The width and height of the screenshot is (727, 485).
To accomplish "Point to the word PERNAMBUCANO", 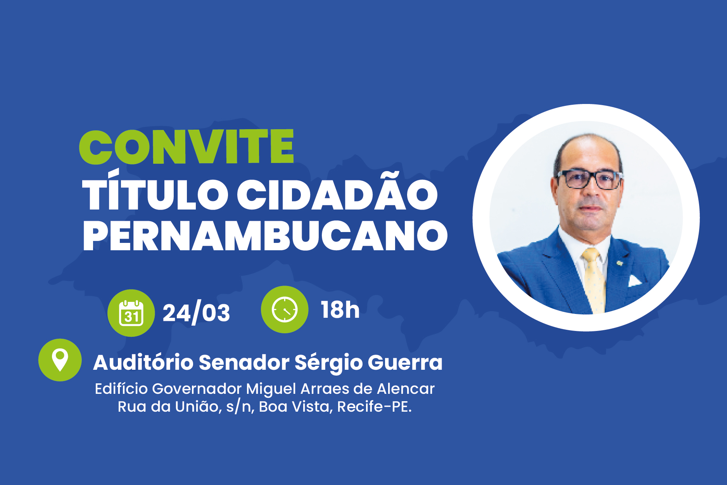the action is (x=266, y=236).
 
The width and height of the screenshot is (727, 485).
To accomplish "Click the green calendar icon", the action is (x=131, y=313).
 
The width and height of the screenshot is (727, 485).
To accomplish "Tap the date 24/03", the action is (x=196, y=313).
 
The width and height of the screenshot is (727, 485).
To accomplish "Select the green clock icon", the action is (x=285, y=310).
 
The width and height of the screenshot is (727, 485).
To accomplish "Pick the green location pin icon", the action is (x=60, y=360).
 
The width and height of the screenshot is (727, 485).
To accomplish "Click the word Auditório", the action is (x=143, y=363).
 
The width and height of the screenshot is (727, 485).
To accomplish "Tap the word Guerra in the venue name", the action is (x=405, y=363).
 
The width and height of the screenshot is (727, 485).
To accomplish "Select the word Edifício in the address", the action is (x=121, y=389).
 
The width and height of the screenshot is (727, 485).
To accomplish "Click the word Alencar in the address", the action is (x=406, y=389).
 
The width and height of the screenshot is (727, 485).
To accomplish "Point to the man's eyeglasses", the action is (x=589, y=179).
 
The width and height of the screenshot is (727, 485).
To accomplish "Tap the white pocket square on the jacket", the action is (x=635, y=281).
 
